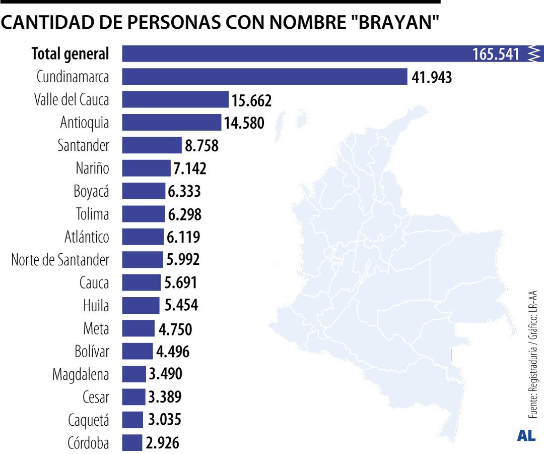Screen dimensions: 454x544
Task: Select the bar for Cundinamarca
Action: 264,77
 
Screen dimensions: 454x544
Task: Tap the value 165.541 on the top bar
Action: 496,54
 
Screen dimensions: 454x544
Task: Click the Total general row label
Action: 70,53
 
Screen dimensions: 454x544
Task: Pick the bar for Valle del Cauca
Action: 175,99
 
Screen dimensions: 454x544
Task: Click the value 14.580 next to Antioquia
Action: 244,123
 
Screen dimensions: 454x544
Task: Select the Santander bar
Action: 152,145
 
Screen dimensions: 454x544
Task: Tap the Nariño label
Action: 92,168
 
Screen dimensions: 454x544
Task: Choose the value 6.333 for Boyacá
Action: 184,191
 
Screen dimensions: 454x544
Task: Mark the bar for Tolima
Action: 143,214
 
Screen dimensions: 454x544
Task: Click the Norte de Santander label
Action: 60,260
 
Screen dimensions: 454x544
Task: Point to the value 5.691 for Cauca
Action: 180,282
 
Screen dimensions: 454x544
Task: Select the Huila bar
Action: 141,305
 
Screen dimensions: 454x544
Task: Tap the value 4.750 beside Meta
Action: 175,329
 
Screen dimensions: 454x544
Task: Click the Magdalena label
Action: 81,374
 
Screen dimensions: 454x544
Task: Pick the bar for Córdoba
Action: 132,443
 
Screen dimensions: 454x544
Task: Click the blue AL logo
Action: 526,435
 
